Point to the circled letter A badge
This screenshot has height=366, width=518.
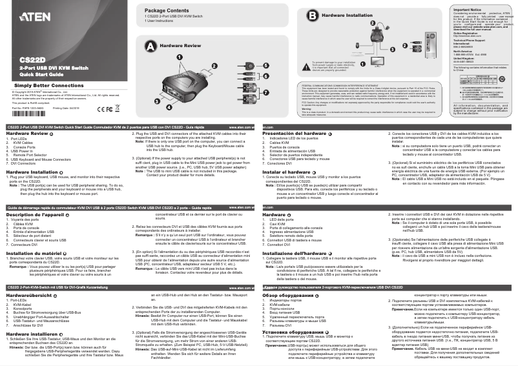[x=150, y=46]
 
